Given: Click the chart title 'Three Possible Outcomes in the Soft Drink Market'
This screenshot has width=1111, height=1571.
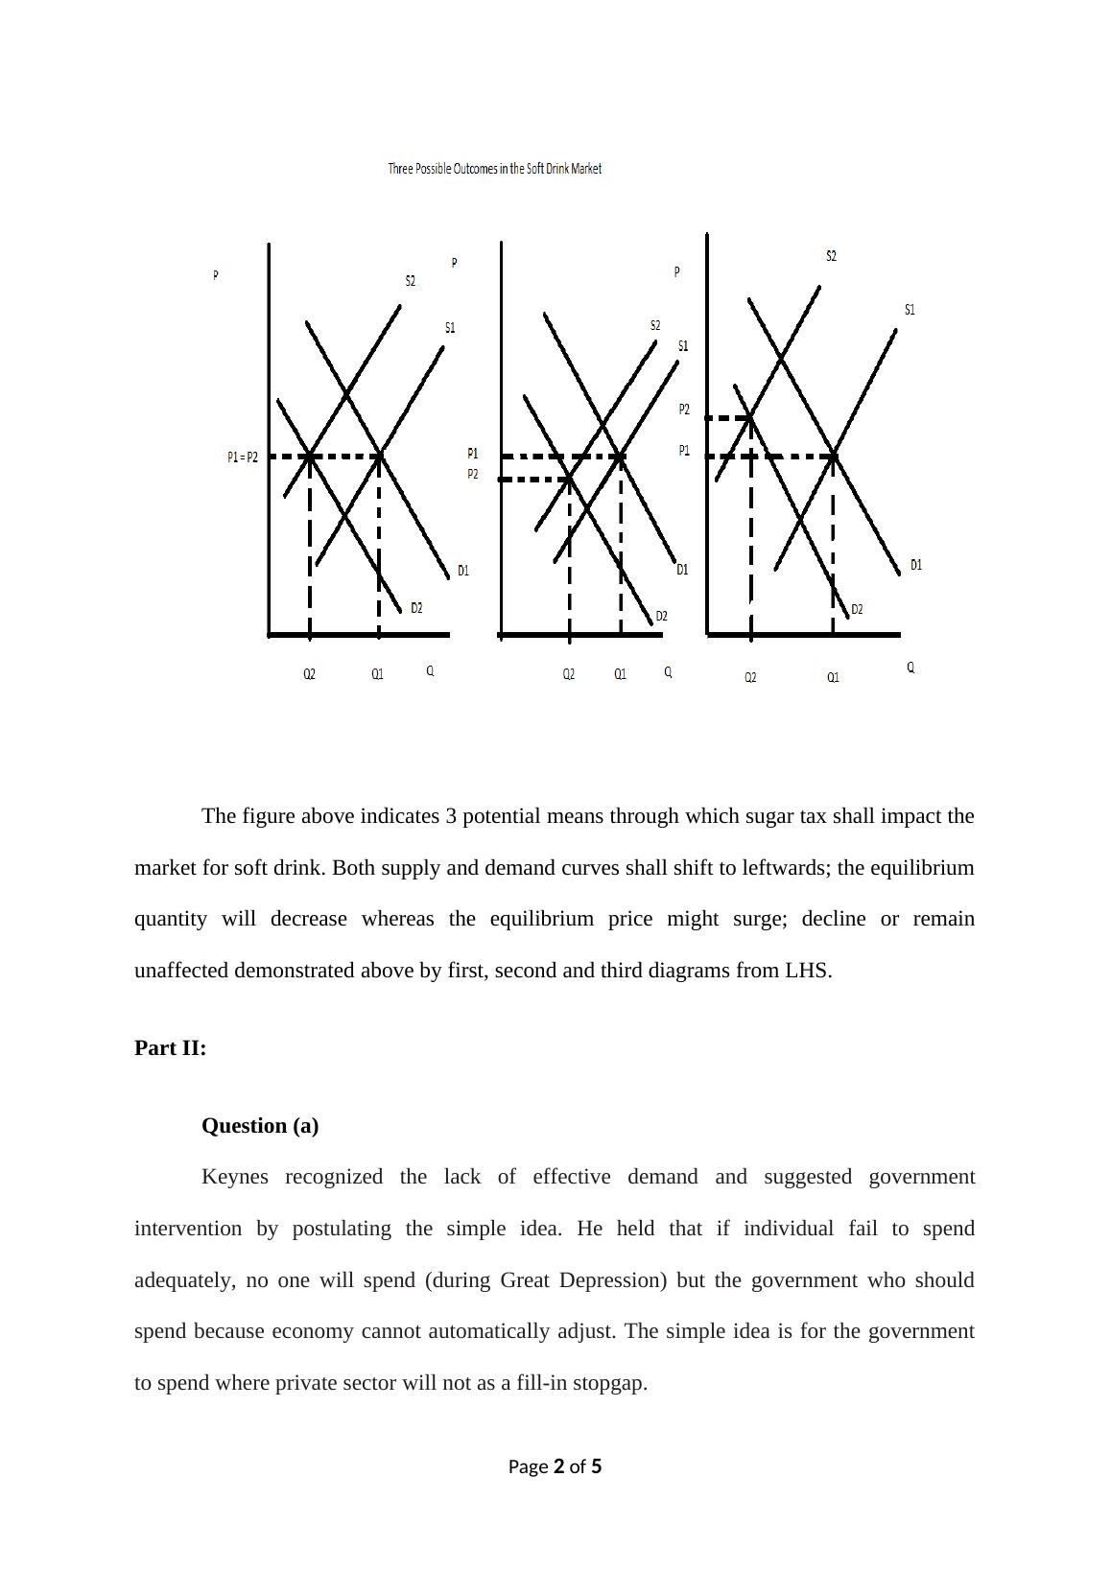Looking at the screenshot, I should [494, 169].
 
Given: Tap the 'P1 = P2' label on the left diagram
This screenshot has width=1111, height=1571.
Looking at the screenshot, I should [243, 457].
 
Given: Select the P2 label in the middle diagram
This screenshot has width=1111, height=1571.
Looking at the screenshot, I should [473, 475].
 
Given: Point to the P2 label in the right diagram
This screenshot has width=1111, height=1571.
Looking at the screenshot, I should [684, 410].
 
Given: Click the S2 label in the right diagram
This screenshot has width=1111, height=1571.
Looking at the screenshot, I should [831, 256].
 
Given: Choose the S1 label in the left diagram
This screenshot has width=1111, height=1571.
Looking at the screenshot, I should [450, 328].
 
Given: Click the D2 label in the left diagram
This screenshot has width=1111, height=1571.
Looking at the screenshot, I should [416, 608].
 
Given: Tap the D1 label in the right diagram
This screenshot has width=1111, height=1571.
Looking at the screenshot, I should [916, 565].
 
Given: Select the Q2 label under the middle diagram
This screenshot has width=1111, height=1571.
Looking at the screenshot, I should [569, 674].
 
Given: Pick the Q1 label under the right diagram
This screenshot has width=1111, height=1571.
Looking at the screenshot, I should [833, 677].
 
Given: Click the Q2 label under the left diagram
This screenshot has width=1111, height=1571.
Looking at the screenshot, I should [309, 674].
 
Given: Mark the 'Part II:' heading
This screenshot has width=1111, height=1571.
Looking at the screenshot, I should [171, 1048].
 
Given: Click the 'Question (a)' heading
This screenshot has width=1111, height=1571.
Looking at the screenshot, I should [260, 1126].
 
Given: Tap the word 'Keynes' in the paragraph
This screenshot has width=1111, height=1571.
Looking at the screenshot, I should [235, 1177].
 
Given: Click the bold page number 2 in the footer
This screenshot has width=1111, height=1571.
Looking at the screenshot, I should [558, 1466].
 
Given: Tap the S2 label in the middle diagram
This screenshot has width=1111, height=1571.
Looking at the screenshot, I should [655, 326].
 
